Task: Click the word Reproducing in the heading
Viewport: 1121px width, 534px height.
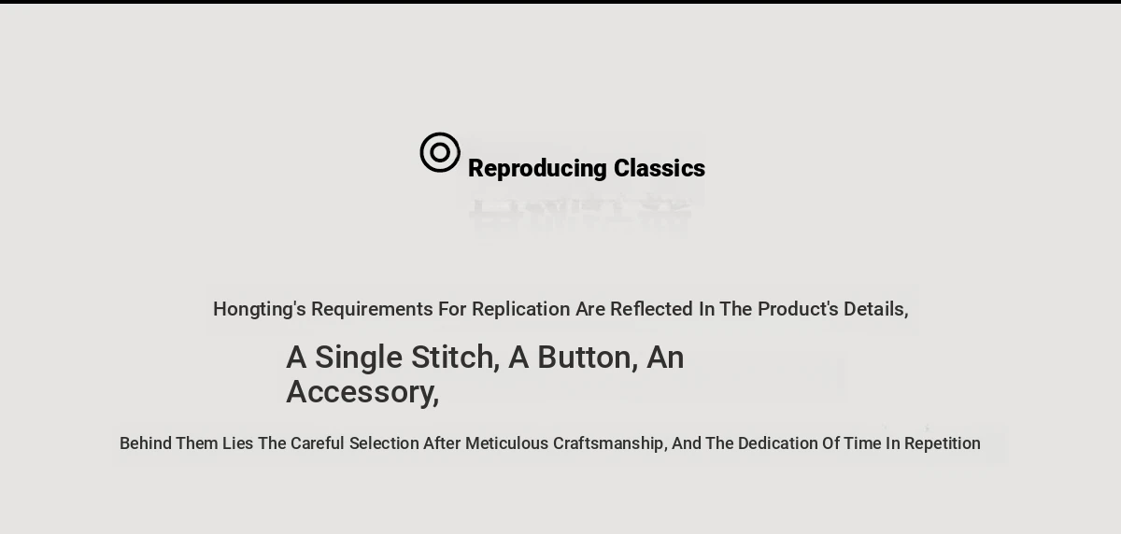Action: (x=537, y=169)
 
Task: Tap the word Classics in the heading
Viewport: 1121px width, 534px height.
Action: (x=660, y=168)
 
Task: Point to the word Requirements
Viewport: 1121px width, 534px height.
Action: (x=372, y=310)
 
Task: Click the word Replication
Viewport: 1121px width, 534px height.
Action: (x=521, y=310)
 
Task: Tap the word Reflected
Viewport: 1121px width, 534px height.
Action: (x=652, y=309)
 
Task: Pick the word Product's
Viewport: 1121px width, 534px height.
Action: (x=798, y=309)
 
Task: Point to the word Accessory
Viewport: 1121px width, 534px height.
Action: (x=362, y=392)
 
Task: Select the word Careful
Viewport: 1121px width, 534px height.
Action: (x=318, y=443)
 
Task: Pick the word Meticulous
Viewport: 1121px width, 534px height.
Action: (x=506, y=443)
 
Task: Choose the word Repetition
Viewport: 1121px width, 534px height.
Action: (x=942, y=444)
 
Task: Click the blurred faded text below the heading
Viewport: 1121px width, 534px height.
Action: (x=580, y=215)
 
